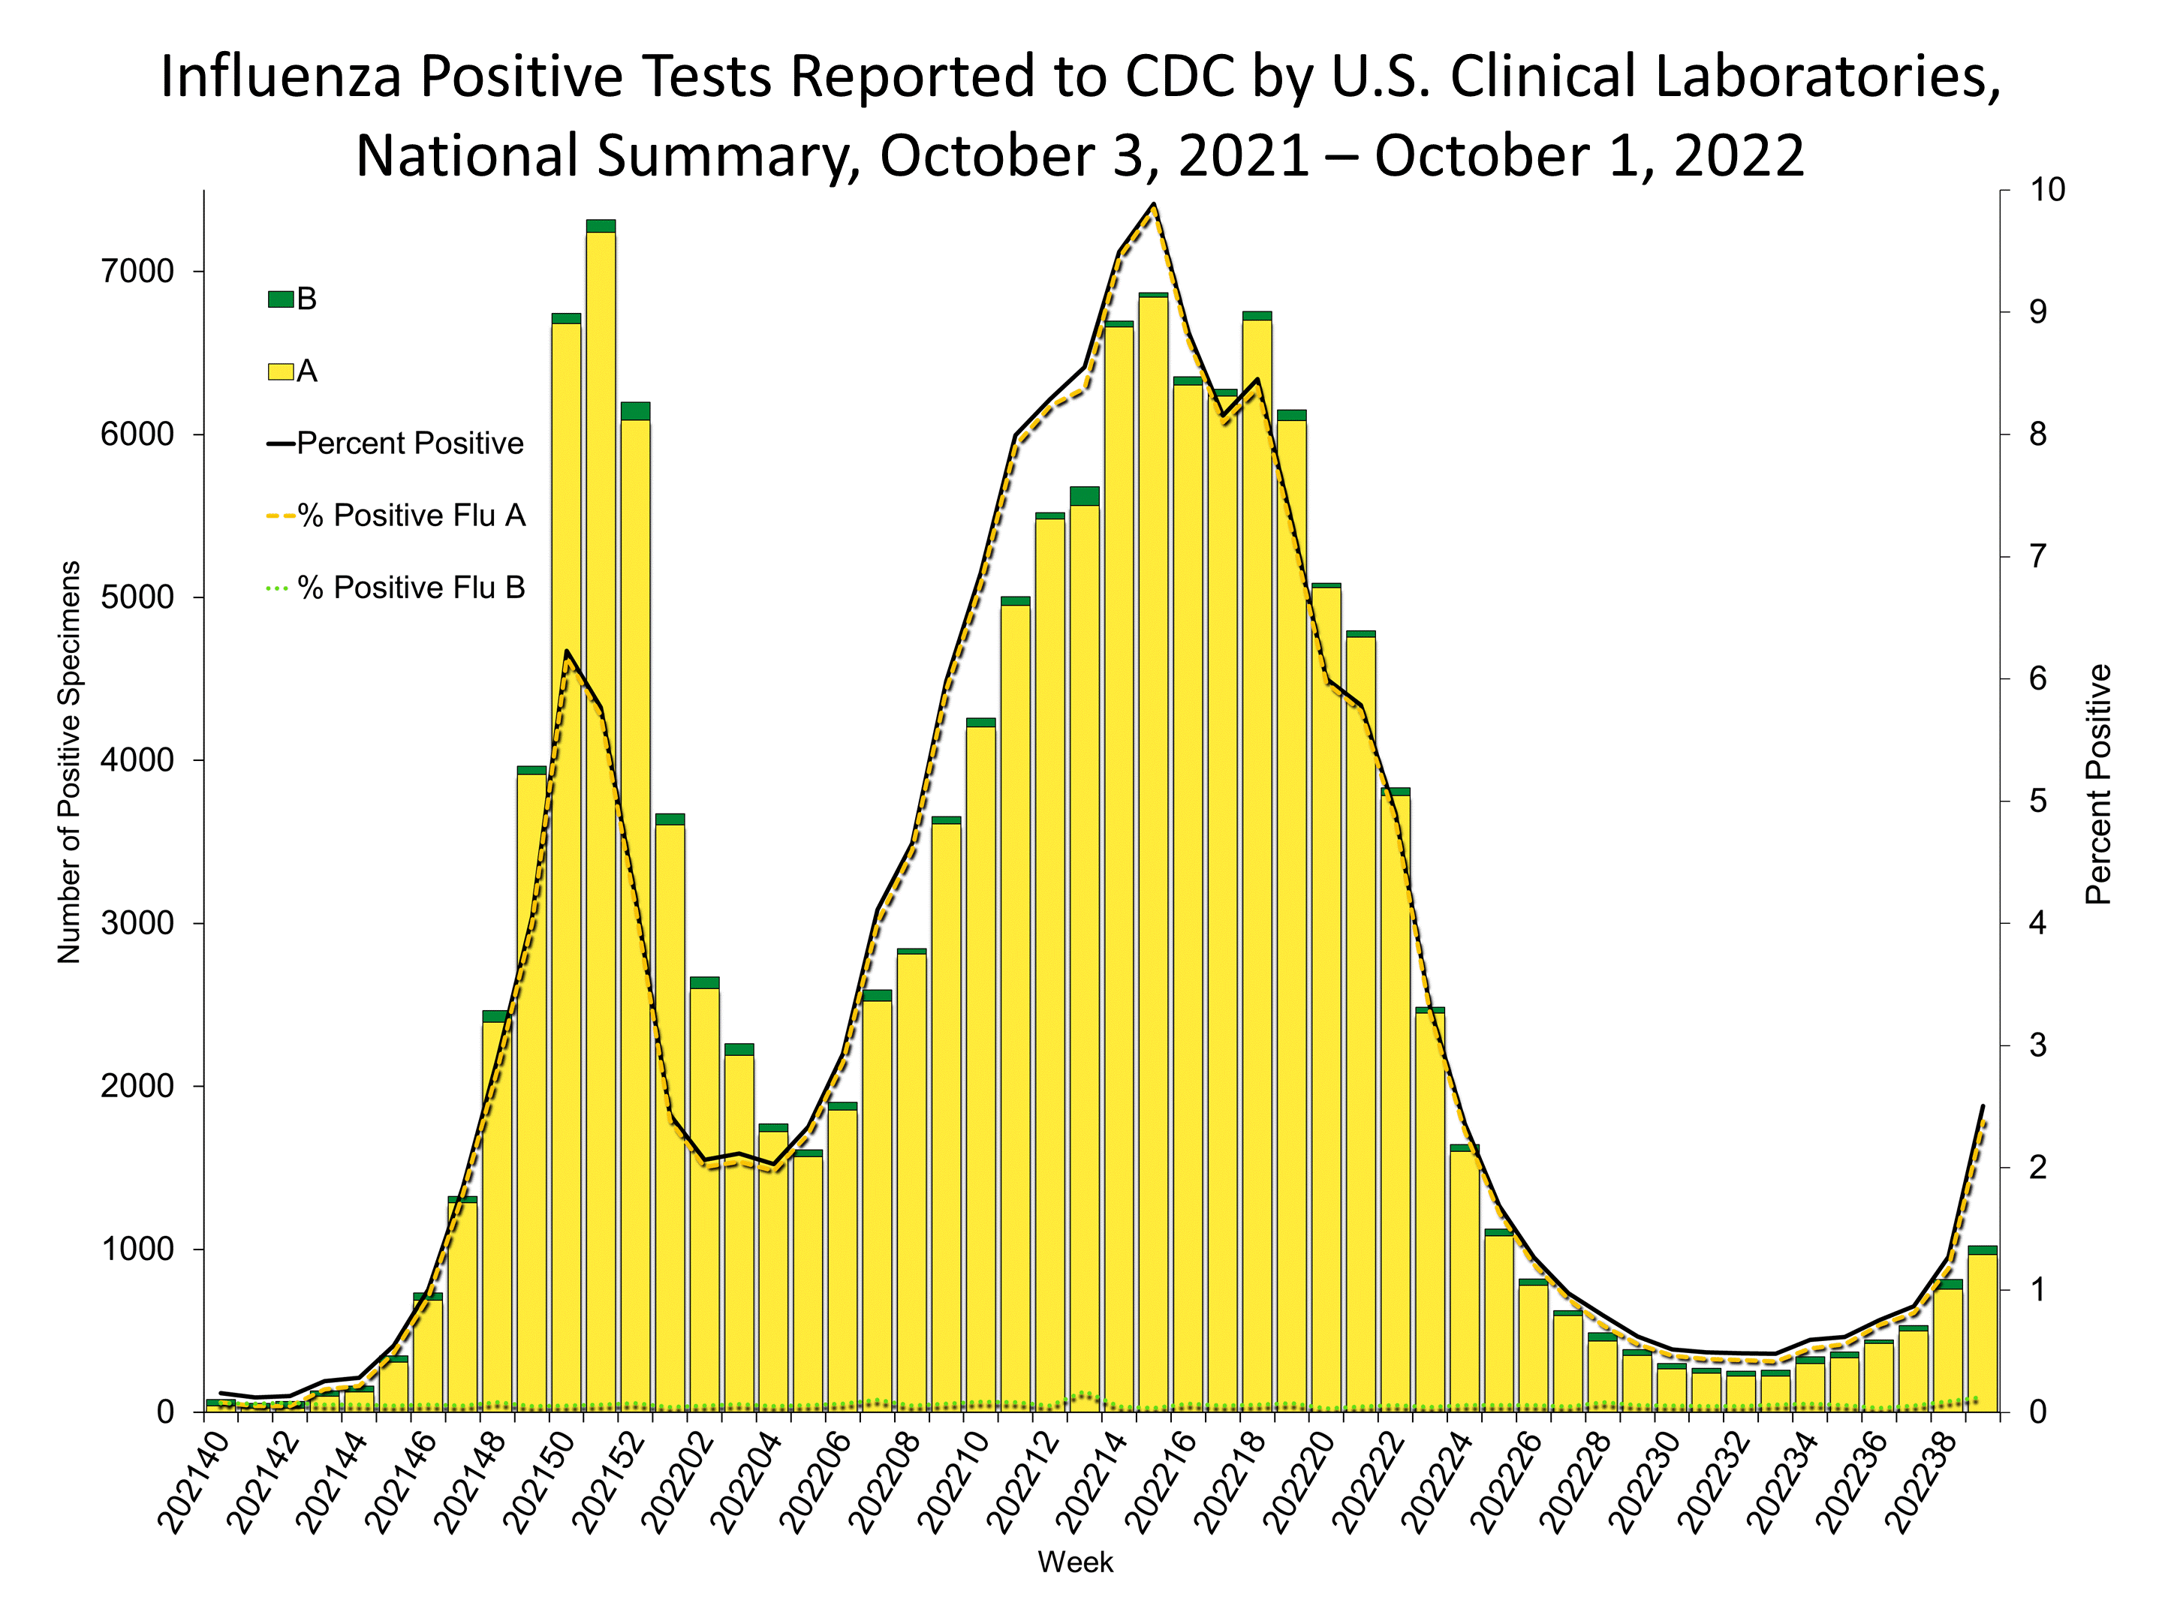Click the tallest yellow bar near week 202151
click(600, 821)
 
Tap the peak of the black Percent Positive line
click(1153, 204)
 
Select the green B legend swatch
click(281, 299)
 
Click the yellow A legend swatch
click(281, 371)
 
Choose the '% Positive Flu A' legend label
click(411, 515)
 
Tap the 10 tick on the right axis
click(2046, 190)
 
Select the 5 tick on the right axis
click(2037, 801)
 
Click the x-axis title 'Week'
click(1075, 1562)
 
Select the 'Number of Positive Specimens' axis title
click(68, 762)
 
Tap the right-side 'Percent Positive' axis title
click(2097, 783)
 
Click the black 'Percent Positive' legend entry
click(396, 444)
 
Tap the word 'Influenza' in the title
click(282, 77)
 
